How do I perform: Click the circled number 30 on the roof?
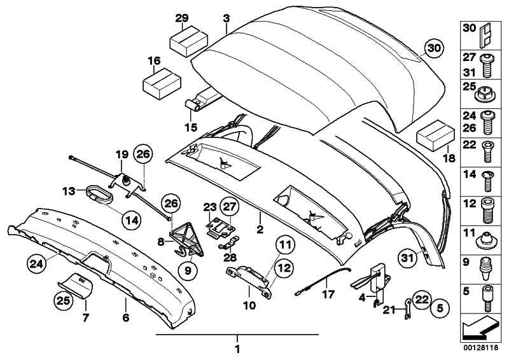[x=432, y=48]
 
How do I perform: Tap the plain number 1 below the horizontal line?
[x=237, y=349]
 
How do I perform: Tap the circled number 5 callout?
[x=438, y=309]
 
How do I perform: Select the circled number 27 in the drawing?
[x=230, y=206]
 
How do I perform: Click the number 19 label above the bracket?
[x=122, y=154]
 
